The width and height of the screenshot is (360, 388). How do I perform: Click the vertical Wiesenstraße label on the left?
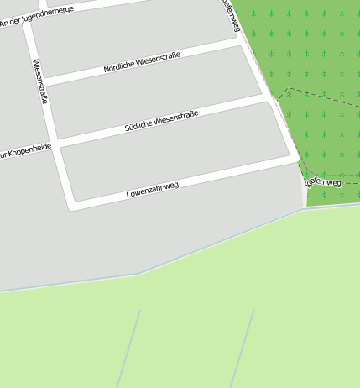tap(40, 81)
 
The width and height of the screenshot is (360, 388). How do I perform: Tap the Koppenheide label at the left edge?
tap(25, 151)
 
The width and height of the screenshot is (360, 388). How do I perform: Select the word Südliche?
tap(138, 126)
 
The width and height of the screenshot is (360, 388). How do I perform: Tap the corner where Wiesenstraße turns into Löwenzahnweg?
tap(72, 205)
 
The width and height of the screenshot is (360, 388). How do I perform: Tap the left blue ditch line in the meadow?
tap(128, 349)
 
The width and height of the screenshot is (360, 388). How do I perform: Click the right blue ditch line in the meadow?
tap(242, 349)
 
